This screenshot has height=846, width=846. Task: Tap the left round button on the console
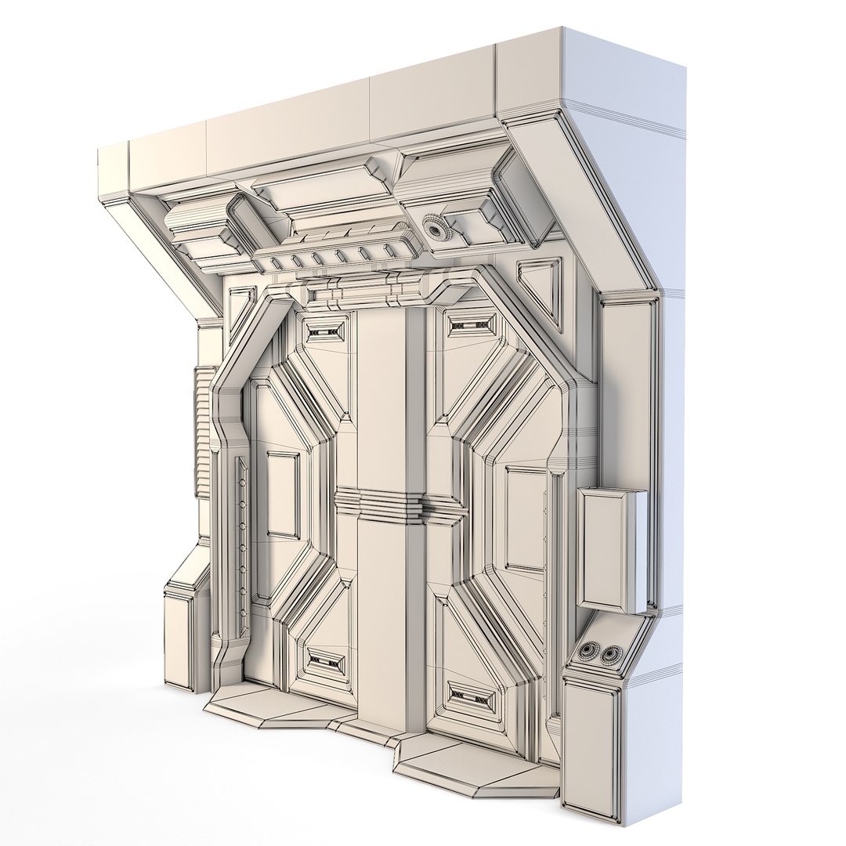589,651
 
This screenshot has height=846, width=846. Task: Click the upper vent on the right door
473,324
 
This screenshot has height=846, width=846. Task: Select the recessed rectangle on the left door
283,494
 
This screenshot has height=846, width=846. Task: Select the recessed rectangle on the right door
526,519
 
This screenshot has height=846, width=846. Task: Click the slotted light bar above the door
337,255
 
